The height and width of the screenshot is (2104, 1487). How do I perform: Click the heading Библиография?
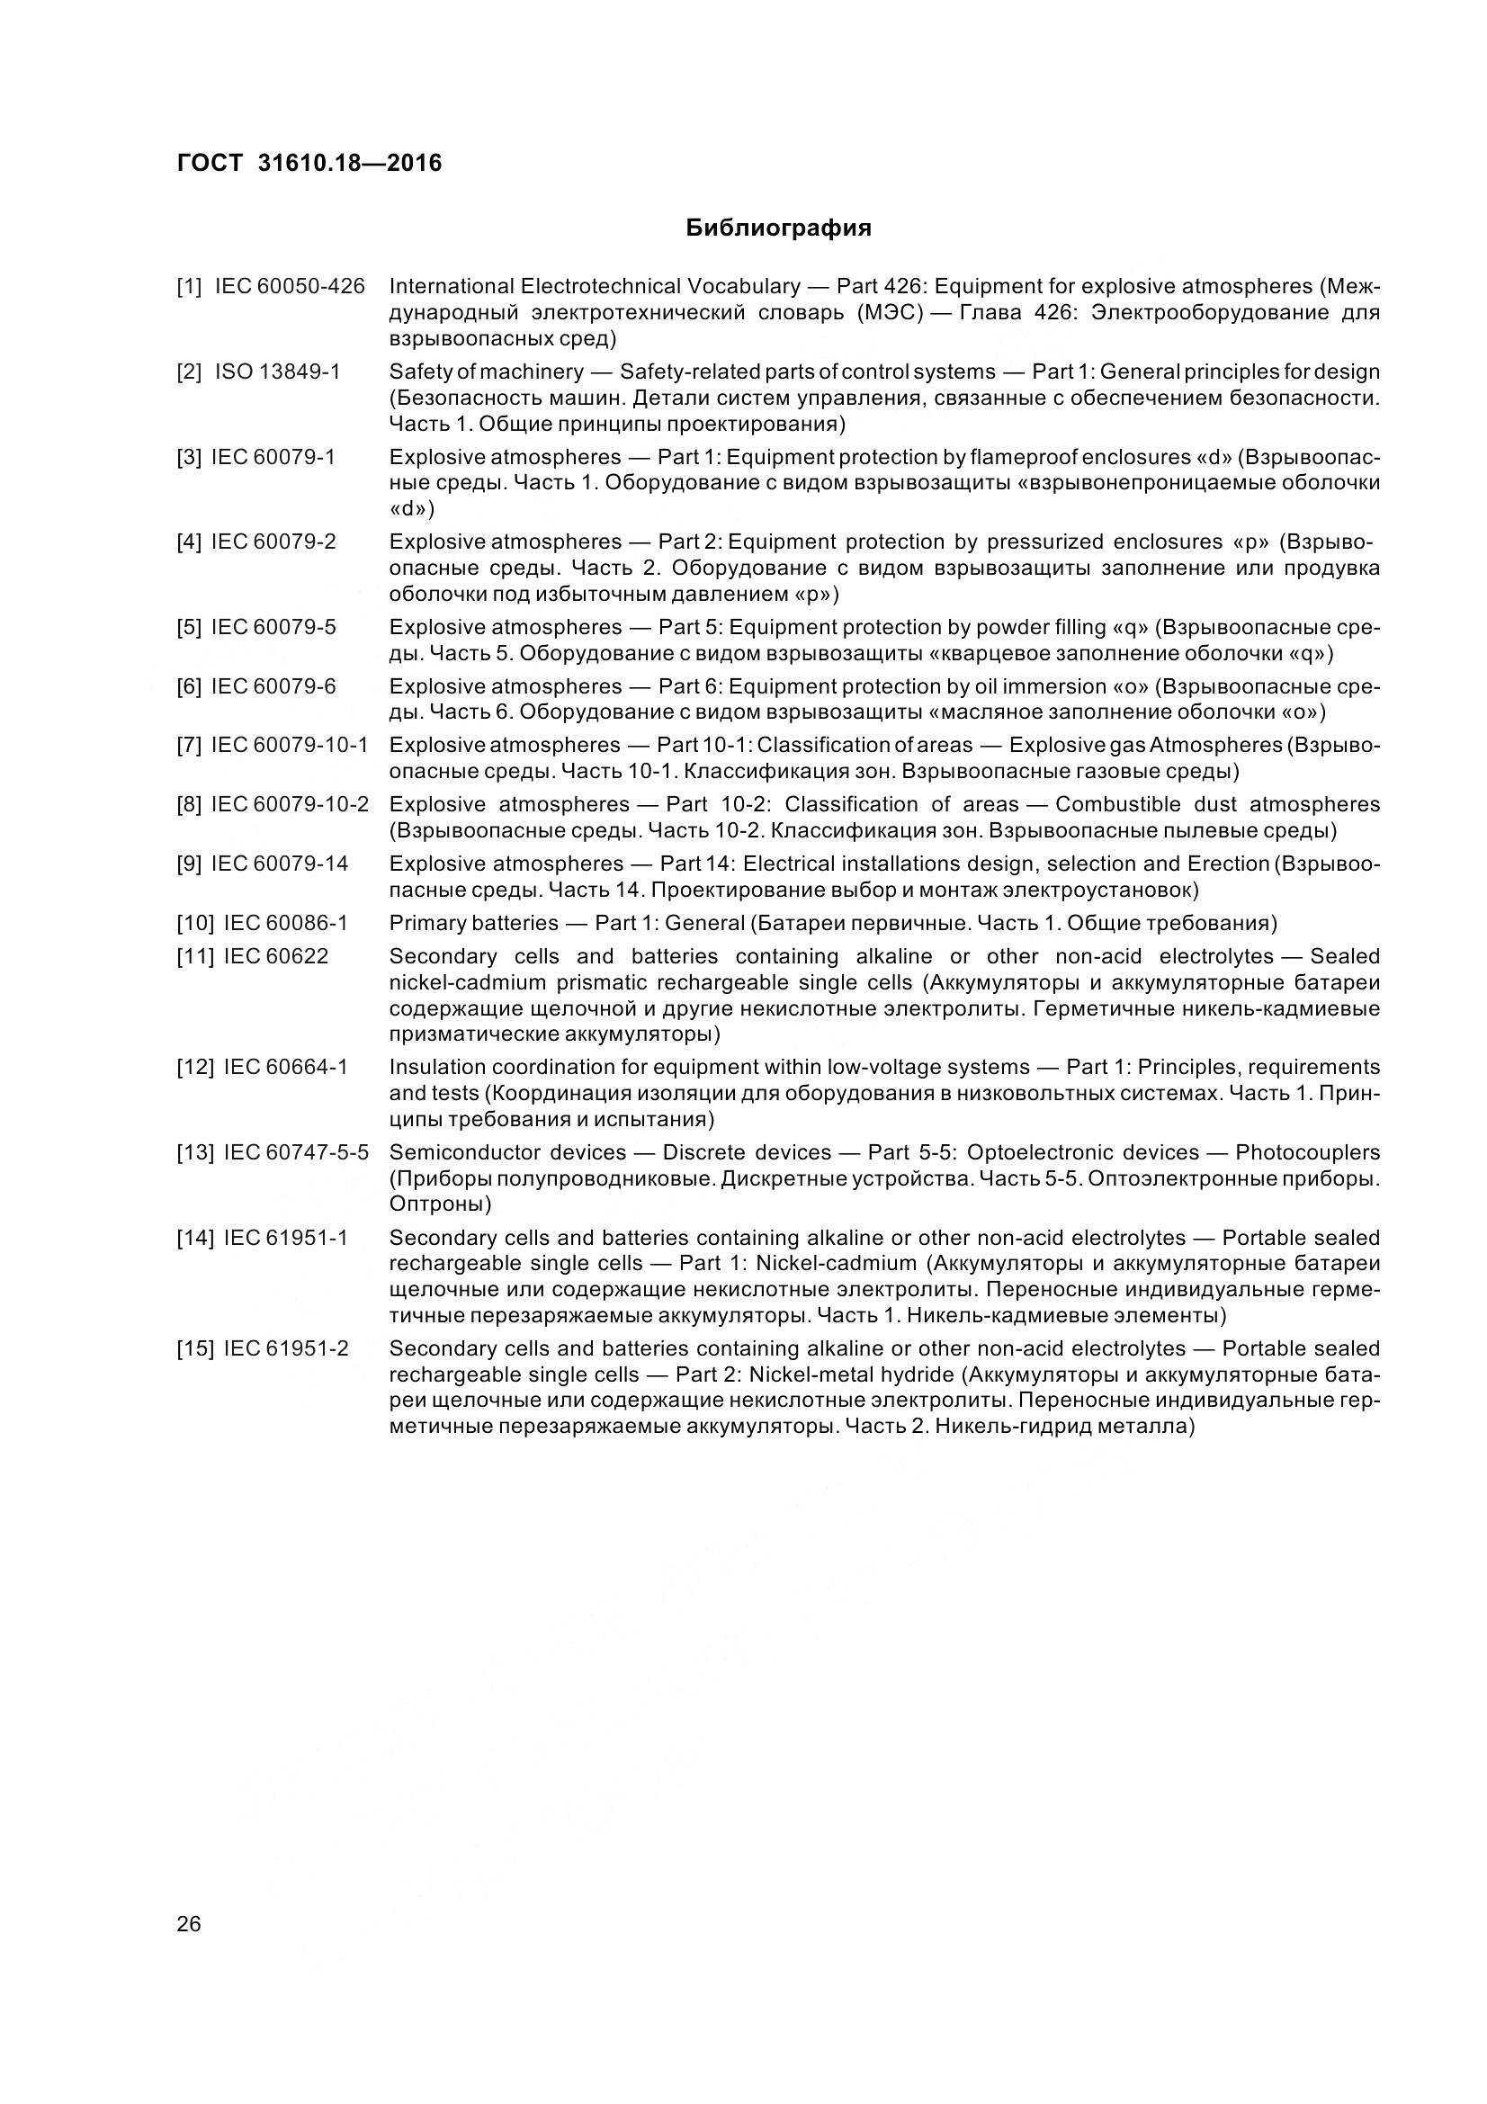(x=778, y=228)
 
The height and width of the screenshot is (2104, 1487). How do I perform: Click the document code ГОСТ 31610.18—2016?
(x=309, y=163)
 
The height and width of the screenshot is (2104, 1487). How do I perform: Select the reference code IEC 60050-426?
(x=290, y=287)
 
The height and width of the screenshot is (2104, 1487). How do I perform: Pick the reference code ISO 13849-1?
(x=278, y=372)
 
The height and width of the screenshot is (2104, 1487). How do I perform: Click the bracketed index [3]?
(x=189, y=457)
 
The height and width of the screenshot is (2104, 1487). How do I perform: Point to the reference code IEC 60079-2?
(x=273, y=542)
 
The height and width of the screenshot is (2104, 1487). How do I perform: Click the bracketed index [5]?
(x=189, y=628)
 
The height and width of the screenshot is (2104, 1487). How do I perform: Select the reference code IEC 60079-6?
(x=273, y=687)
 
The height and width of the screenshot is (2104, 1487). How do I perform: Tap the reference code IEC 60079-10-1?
(x=290, y=746)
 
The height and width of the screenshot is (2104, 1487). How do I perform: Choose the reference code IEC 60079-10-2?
(x=290, y=804)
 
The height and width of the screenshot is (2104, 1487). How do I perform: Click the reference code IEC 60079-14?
(x=280, y=864)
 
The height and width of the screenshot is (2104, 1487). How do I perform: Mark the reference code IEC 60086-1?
(x=286, y=923)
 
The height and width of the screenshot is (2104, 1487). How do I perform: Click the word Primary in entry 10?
(x=426, y=923)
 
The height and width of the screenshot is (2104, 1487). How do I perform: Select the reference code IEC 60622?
(x=276, y=957)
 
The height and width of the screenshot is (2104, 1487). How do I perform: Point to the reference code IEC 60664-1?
(x=286, y=1068)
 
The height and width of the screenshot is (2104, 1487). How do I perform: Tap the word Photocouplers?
(x=1307, y=1153)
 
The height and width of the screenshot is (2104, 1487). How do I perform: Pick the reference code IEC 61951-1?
(x=286, y=1238)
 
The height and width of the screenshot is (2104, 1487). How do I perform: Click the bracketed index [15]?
(x=194, y=1349)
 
